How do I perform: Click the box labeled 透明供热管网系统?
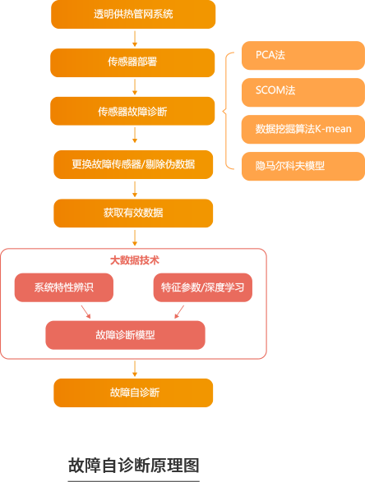tap(133, 14)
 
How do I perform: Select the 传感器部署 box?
tap(132, 62)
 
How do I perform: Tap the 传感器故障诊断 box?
tap(132, 111)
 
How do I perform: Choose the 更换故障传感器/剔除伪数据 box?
tap(133, 164)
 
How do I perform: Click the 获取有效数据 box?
tap(133, 213)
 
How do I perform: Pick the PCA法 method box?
tap(303, 55)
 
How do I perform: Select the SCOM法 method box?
tap(303, 92)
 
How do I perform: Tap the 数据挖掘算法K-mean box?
tap(303, 129)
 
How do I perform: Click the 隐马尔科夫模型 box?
tap(303, 166)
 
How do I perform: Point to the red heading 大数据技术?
tap(135, 260)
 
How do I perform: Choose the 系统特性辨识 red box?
tap(64, 287)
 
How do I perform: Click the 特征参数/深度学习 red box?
tap(203, 287)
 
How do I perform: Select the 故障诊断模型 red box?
tap(125, 335)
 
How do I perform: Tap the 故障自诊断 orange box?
tap(133, 392)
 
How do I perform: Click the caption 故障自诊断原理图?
tap(133, 465)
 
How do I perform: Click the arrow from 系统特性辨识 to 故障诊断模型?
tap(85, 312)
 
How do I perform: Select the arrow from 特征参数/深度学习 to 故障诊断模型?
tap(179, 312)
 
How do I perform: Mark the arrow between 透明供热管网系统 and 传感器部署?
tap(135, 39)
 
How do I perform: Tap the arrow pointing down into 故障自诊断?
tap(135, 369)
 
